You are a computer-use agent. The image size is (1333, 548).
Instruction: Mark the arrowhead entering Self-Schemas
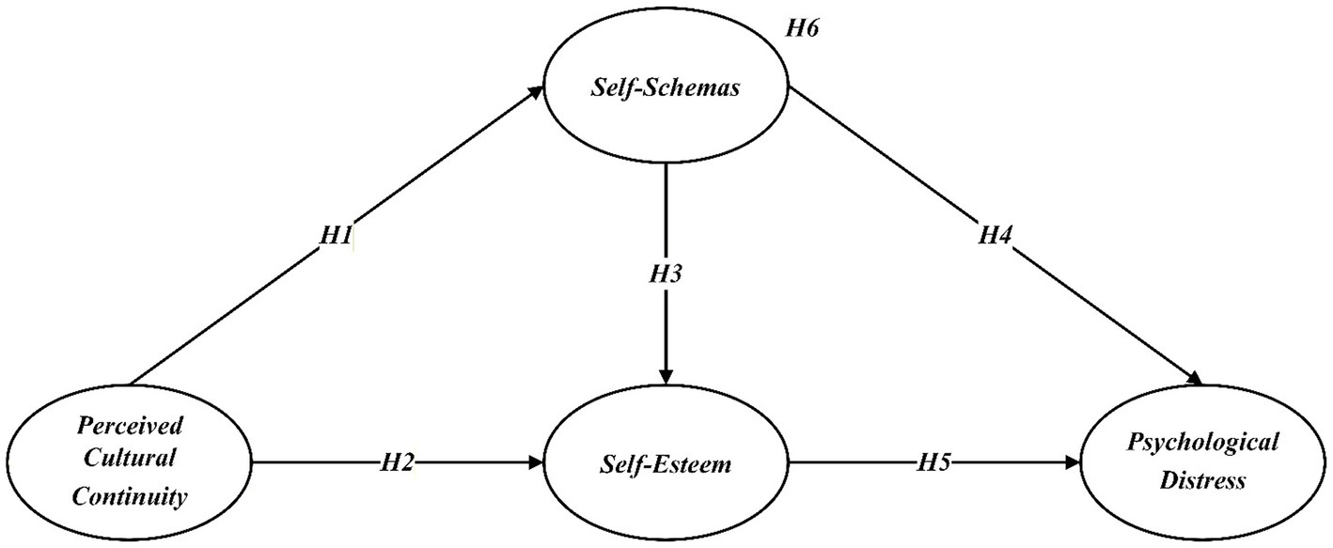click(538, 89)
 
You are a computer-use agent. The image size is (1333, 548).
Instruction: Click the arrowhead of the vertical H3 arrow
click(666, 377)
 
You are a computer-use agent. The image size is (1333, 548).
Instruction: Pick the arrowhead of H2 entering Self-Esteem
click(539, 462)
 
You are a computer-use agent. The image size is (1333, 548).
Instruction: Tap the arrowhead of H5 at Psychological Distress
click(1073, 462)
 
